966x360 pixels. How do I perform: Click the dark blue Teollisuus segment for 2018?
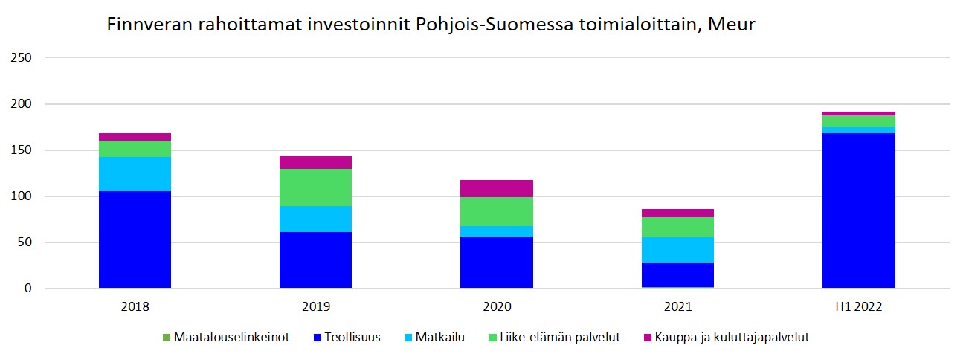135,239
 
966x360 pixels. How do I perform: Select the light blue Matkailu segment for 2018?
135,174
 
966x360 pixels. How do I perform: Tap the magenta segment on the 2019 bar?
315,163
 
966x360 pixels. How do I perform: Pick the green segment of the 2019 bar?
315,187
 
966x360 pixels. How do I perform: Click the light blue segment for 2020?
496,231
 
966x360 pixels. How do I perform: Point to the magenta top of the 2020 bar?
496,188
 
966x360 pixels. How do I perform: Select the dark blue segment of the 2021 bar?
677,274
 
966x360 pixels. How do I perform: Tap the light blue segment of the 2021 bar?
677,249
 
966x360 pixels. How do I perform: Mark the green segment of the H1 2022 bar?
858,121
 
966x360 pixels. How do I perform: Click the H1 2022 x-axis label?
858,306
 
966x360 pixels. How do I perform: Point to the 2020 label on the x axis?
496,306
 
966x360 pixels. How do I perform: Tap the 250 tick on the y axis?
25,58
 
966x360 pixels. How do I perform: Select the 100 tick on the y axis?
25,196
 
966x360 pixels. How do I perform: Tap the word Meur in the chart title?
732,25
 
